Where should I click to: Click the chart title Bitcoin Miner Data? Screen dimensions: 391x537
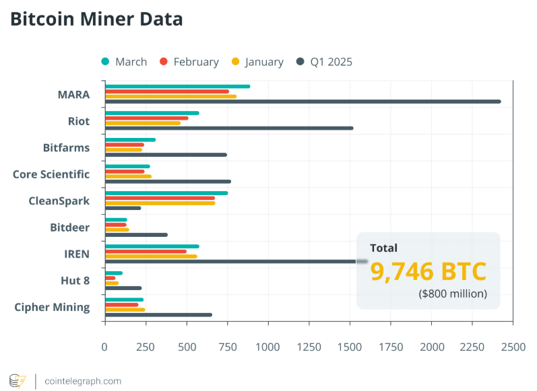96,20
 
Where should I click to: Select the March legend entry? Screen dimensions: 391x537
124,62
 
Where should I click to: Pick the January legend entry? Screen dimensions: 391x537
257,62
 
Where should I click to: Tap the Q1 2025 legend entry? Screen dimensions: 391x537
324,62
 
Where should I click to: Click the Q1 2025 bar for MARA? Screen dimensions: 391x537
303,102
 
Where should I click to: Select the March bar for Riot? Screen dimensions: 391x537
152,113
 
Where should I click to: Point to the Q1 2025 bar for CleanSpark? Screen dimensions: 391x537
123,208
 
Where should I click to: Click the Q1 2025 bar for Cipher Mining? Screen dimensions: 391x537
158,315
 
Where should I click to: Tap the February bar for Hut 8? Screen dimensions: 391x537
110,278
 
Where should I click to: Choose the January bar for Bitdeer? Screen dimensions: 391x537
117,229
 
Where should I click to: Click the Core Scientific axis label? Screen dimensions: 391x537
51,174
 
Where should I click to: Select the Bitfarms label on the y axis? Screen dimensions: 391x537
66,147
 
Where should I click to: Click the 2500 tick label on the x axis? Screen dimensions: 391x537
513,347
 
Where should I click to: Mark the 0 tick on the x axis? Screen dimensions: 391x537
104,347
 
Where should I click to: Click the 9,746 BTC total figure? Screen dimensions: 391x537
428,271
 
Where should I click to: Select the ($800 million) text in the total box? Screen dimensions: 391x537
452,294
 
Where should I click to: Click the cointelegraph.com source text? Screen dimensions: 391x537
83,381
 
